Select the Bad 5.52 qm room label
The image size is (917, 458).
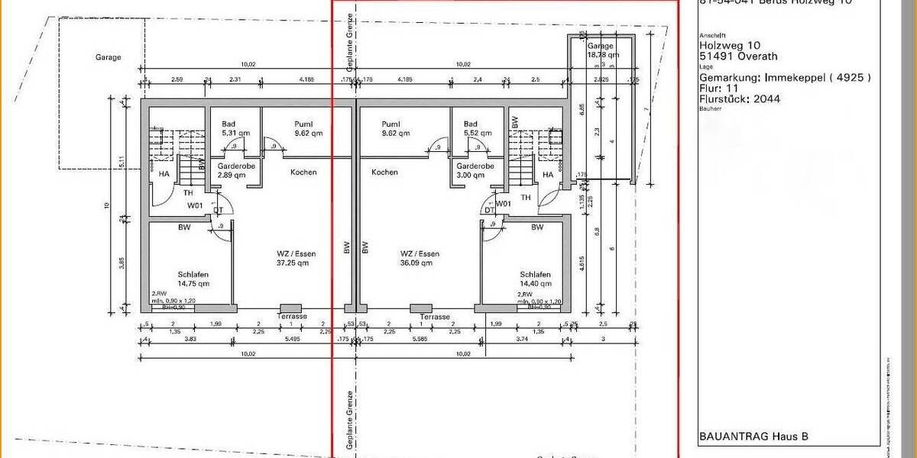[x=471, y=128]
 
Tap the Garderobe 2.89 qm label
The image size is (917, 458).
[x=232, y=170]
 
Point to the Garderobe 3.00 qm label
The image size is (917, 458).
[x=475, y=170]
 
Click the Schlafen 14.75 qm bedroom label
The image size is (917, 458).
[x=193, y=279]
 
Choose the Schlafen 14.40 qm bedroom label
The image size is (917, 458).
[x=535, y=279]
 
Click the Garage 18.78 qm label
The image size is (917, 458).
[x=601, y=50]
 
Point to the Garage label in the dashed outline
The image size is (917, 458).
[x=109, y=57]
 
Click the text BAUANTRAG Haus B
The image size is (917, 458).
[x=753, y=437]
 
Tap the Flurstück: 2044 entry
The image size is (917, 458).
[x=740, y=98]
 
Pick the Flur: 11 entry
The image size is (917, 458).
[x=720, y=88]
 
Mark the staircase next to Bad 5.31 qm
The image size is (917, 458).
[x=173, y=145]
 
